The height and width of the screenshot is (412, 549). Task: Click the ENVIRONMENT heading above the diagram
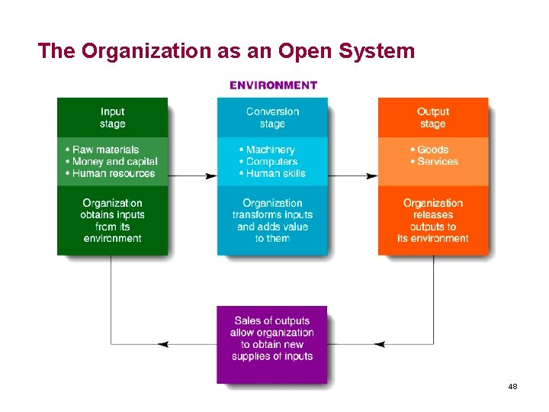[273, 85]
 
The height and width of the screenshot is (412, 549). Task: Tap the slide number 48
[512, 387]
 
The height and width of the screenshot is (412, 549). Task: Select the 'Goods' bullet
[432, 150]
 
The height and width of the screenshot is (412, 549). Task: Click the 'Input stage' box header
[112, 117]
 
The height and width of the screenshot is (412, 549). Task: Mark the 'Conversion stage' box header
[272, 117]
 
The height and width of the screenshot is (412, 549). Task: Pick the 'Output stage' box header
[433, 117]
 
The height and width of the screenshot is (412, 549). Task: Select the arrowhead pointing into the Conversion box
[211, 175]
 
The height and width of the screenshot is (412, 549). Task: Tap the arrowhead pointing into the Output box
[372, 175]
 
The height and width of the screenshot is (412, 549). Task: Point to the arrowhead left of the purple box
[162, 344]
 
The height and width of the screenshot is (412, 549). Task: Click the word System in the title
[379, 51]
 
